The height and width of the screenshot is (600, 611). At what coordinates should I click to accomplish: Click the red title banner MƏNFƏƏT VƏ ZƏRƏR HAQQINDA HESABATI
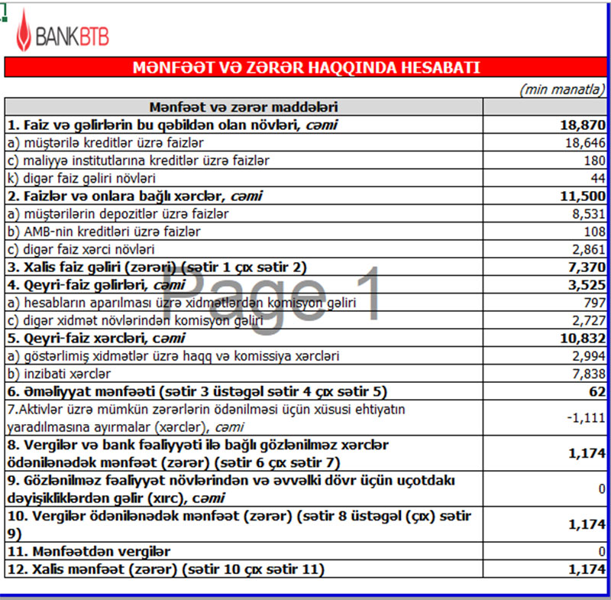pyautogui.click(x=305, y=67)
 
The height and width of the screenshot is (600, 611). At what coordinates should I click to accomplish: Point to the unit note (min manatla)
pyautogui.click(x=563, y=89)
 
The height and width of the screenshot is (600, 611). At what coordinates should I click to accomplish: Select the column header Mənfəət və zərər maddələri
pyautogui.click(x=244, y=107)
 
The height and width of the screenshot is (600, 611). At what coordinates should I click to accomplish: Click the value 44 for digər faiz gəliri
pyautogui.click(x=597, y=178)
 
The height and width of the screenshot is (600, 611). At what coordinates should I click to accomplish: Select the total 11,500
pyautogui.click(x=582, y=196)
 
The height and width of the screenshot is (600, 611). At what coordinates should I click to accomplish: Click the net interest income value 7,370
pyautogui.click(x=585, y=267)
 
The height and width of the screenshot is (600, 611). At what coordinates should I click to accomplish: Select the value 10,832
pyautogui.click(x=582, y=338)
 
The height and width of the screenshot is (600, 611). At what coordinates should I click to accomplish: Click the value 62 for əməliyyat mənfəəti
pyautogui.click(x=596, y=391)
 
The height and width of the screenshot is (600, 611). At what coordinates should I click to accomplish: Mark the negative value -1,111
pyautogui.click(x=586, y=417)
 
